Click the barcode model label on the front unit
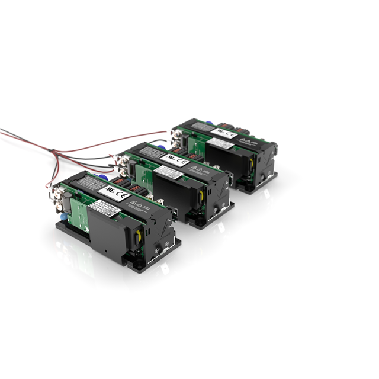tap(106, 209)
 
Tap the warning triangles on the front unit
tap(140, 208)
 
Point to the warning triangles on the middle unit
tap(199, 171)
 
